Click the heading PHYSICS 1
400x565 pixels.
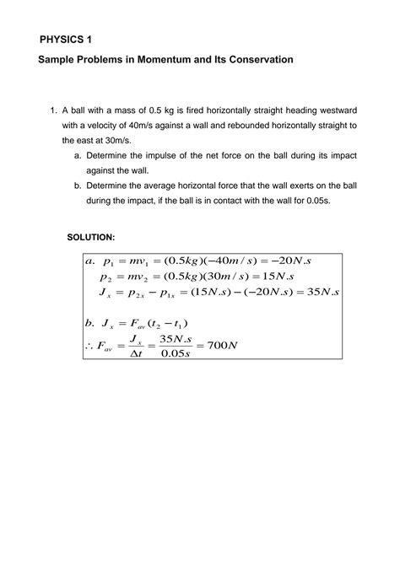point(67,39)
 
